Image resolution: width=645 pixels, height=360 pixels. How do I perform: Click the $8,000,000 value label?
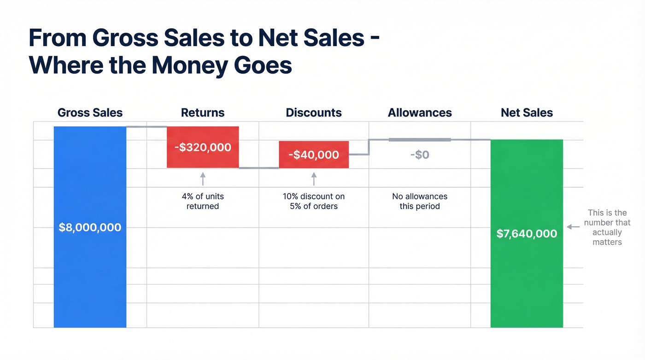coord(90,227)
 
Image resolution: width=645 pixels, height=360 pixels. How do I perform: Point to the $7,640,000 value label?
coord(527,234)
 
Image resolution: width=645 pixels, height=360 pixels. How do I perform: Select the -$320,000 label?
coord(203,148)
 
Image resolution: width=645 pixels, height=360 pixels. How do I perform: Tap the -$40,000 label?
coord(314,155)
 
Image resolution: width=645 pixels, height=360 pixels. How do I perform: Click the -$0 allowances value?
coord(420,155)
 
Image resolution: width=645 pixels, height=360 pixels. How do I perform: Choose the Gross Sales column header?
coord(90,112)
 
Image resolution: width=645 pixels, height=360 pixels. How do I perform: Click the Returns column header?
coord(203,112)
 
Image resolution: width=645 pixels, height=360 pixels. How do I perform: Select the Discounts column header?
coord(314,112)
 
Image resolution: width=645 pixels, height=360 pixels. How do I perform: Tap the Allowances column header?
coord(420,112)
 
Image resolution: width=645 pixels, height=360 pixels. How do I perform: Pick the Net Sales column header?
coord(527,112)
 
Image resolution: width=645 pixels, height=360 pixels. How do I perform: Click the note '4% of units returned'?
coord(203,201)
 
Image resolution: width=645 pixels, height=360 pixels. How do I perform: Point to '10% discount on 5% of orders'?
coord(314,201)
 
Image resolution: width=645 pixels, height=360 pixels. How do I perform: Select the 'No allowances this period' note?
coord(420,201)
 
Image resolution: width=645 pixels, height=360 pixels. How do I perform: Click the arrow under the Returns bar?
coord(203,179)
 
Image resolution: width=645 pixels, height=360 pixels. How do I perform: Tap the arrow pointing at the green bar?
coord(573,227)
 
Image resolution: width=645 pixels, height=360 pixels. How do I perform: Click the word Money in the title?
coord(189,66)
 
